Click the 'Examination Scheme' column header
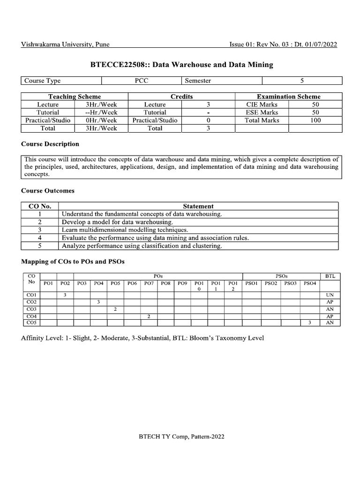click(x=288, y=97)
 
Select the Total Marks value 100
click(x=315, y=120)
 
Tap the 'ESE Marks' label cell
click(x=262, y=112)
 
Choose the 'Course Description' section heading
click(x=50, y=144)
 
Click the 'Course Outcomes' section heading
click(x=48, y=191)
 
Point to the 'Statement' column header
click(x=198, y=206)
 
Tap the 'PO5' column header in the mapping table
click(x=115, y=283)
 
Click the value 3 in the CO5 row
click(x=309, y=322)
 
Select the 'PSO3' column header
click(x=290, y=283)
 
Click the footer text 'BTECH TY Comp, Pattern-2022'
click(x=181, y=436)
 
